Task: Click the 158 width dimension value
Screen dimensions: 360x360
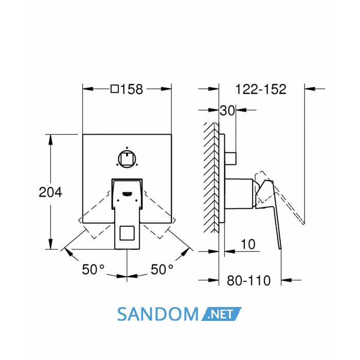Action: coord(132,89)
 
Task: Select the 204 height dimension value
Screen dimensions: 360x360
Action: coord(50,192)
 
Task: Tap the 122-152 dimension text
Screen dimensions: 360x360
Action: coord(261,89)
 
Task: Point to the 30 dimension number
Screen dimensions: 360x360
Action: coord(227,111)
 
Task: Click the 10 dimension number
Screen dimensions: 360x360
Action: coord(248,244)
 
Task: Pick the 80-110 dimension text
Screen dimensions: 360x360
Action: coord(248,280)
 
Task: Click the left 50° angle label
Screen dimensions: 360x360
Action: coord(93,269)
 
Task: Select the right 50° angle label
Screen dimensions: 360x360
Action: coord(162,269)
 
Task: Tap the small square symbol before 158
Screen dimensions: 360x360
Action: coord(115,89)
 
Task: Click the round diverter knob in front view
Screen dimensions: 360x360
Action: coord(127,159)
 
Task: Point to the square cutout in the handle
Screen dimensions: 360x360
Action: coord(127,233)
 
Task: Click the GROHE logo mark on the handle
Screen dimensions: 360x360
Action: coord(127,194)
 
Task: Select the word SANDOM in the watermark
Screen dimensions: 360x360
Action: coord(158,314)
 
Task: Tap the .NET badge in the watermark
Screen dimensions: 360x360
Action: coord(221,314)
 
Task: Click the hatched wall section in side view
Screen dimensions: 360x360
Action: coord(211,177)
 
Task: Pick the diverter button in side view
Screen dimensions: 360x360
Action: coord(230,158)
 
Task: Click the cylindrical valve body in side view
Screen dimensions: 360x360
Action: coord(239,193)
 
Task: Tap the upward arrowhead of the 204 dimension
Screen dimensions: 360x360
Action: coord(50,139)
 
